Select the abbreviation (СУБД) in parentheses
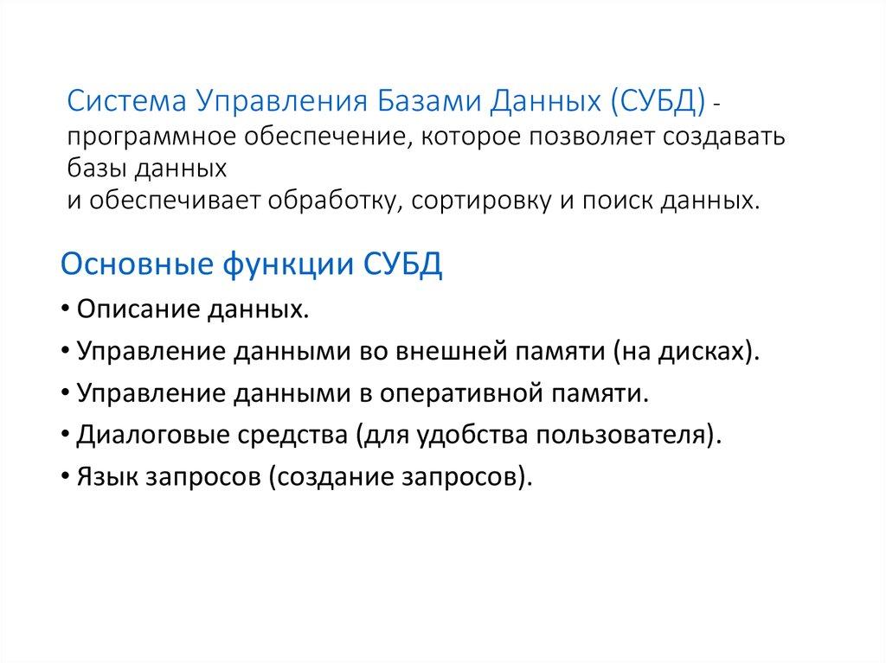[x=659, y=105]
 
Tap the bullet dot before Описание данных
[x=67, y=310]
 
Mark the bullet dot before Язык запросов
[x=67, y=477]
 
